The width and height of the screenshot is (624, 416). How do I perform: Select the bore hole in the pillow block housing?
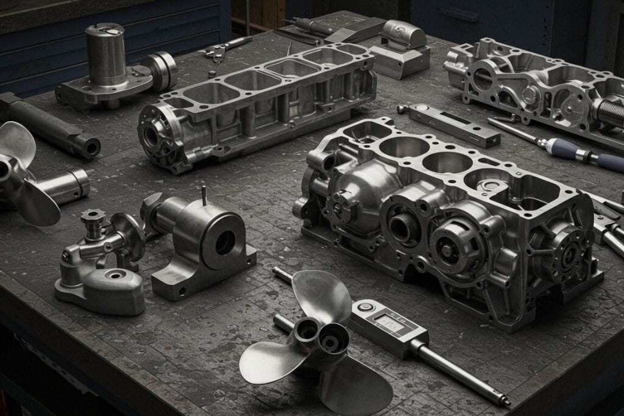click(224, 242)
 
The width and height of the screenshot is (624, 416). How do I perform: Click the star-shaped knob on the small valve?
click(93, 217)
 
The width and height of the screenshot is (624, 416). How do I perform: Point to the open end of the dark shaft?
click(91, 146)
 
